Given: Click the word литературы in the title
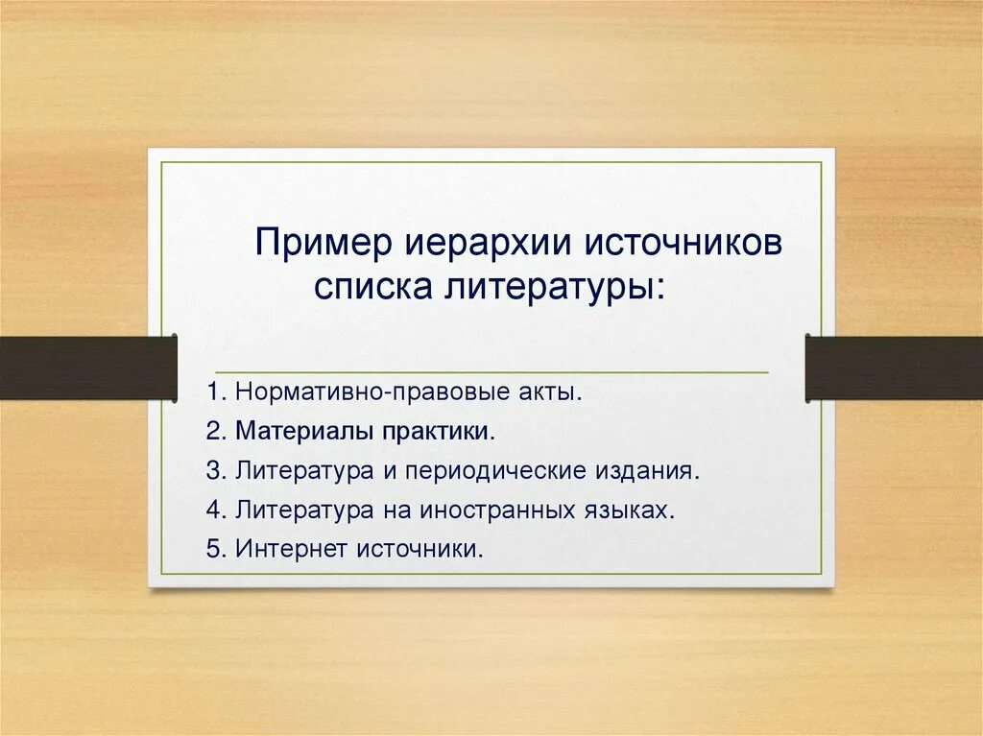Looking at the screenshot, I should (552, 286).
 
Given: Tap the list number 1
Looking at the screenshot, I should (213, 392).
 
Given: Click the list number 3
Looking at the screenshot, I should (213, 471).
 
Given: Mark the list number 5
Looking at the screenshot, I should (213, 550).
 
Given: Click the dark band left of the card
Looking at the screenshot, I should (86, 368).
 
